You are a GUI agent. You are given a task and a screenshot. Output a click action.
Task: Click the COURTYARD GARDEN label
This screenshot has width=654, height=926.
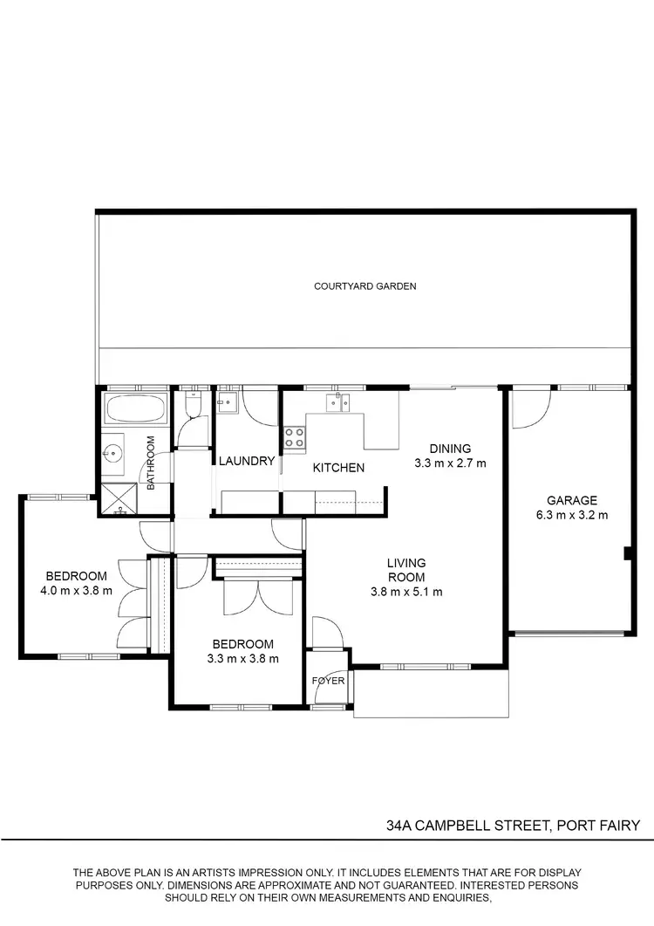pyautogui.click(x=365, y=285)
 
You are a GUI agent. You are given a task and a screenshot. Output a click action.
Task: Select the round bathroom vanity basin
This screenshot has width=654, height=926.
pyautogui.click(x=112, y=453)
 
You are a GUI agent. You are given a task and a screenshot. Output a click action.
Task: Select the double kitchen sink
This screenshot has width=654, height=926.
pyautogui.click(x=338, y=402)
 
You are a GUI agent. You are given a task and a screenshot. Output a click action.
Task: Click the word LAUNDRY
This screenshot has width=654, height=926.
pyautogui.click(x=247, y=461)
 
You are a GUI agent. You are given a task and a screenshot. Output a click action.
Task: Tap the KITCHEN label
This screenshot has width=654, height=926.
pyautogui.click(x=338, y=468)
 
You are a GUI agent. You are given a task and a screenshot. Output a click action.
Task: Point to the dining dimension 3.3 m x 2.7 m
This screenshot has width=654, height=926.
pyautogui.click(x=449, y=463)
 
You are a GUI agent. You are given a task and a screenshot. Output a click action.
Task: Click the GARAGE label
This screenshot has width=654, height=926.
pyautogui.click(x=572, y=500)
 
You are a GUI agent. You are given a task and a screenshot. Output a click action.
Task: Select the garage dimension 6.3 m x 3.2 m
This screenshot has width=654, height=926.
pyautogui.click(x=572, y=515)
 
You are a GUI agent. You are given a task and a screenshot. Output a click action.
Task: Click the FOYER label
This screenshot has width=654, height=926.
pyautogui.click(x=329, y=680)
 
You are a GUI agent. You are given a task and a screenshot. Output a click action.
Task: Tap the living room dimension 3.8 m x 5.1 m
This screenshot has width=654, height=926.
pyautogui.click(x=406, y=592)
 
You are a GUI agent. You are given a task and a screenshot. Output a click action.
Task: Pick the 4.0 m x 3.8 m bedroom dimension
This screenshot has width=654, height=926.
pyautogui.click(x=77, y=590)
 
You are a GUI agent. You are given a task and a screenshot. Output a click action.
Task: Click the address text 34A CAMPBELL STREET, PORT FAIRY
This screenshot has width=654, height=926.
pyautogui.click(x=514, y=825)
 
